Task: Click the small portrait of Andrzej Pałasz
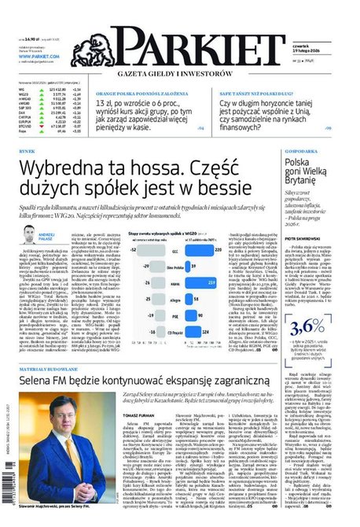coord(29,234)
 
